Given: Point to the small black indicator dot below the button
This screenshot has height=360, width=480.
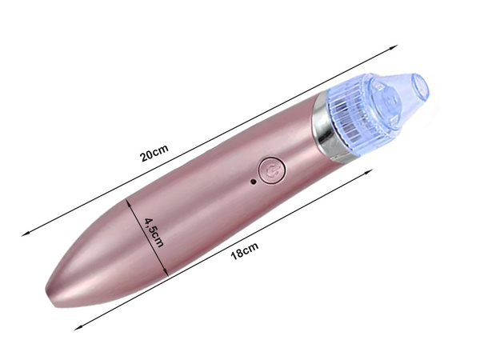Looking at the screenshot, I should [x=254, y=182].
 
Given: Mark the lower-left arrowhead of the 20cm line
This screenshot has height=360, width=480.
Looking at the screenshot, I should [x=25, y=234].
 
